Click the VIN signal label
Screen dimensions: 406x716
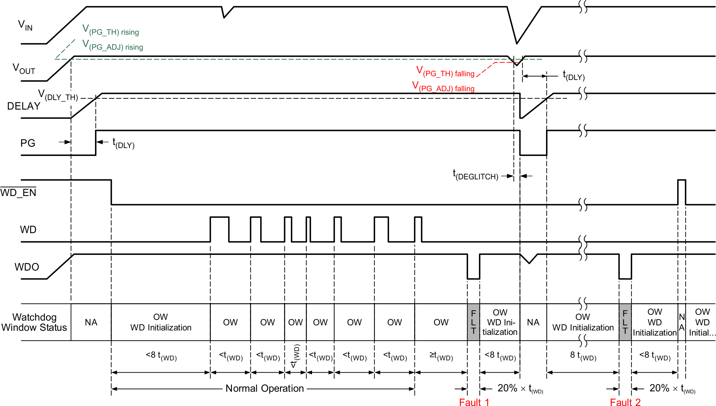click(25, 25)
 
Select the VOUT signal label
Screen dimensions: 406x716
click(24, 69)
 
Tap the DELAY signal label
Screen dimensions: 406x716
click(24, 106)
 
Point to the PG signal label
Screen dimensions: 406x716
click(28, 143)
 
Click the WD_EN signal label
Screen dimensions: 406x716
click(18, 193)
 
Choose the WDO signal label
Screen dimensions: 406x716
click(27, 267)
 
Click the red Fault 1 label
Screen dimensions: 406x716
click(474, 402)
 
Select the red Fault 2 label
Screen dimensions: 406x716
click(625, 402)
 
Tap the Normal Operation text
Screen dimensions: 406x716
click(264, 388)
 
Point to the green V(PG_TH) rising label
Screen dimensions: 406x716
click(111, 30)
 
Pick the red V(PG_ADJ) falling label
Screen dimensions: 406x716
click(443, 87)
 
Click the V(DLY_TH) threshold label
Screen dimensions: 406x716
click(58, 95)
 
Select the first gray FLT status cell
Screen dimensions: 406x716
click(473, 322)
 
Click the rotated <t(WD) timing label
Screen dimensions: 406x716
click(295, 356)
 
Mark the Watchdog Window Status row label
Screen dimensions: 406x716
click(34, 322)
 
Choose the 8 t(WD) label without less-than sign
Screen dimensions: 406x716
click(583, 356)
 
